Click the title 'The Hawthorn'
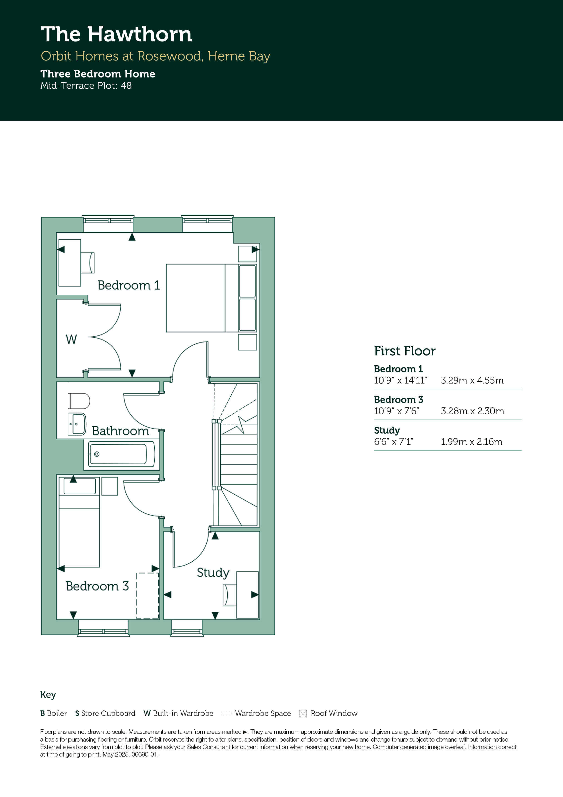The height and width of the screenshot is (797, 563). [116, 34]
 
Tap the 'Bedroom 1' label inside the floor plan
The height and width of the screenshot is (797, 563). [129, 285]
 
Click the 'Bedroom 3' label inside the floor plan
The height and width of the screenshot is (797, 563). [97, 586]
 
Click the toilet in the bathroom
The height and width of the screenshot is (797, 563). [79, 401]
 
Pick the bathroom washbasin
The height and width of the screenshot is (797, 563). [77, 424]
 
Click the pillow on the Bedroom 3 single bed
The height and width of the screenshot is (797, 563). [79, 486]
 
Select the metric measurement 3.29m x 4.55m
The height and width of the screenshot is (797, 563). [472, 381]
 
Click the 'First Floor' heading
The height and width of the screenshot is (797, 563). [405, 351]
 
